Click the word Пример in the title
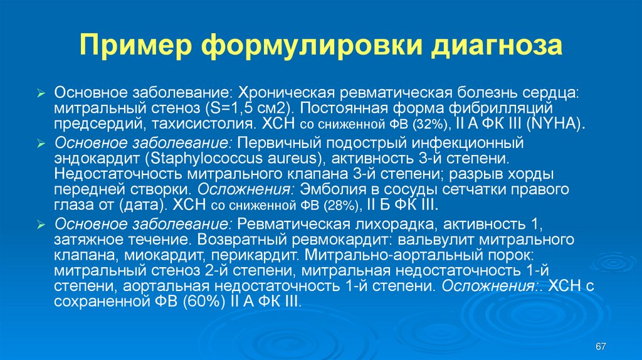136,46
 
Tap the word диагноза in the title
497,46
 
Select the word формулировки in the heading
312,46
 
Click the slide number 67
601,346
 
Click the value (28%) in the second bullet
341,206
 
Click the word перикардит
255,255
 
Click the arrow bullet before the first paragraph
41,94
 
